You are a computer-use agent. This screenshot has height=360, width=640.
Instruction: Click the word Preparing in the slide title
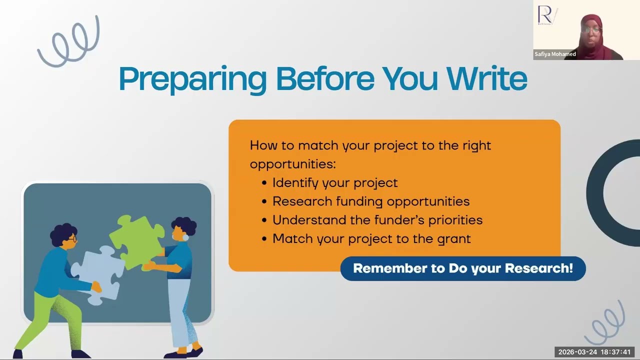click(x=193, y=79)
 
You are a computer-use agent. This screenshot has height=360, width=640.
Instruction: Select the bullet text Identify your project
click(x=334, y=183)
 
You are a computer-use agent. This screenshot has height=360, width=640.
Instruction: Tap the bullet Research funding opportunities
click(x=370, y=201)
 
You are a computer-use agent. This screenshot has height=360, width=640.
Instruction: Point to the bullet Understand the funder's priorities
click(x=377, y=220)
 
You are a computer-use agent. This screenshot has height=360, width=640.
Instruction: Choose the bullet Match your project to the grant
click(x=371, y=238)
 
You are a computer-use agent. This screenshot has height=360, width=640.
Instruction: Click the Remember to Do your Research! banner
click(x=462, y=268)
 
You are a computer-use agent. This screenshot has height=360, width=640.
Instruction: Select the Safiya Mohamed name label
click(x=555, y=54)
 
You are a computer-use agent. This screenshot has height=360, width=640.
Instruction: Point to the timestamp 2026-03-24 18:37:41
click(x=594, y=352)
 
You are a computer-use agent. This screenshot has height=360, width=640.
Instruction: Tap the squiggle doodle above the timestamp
click(x=606, y=322)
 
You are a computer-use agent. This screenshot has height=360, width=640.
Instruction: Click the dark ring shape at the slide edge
click(x=612, y=192)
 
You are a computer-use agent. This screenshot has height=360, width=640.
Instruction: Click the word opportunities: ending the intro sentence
click(x=292, y=164)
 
